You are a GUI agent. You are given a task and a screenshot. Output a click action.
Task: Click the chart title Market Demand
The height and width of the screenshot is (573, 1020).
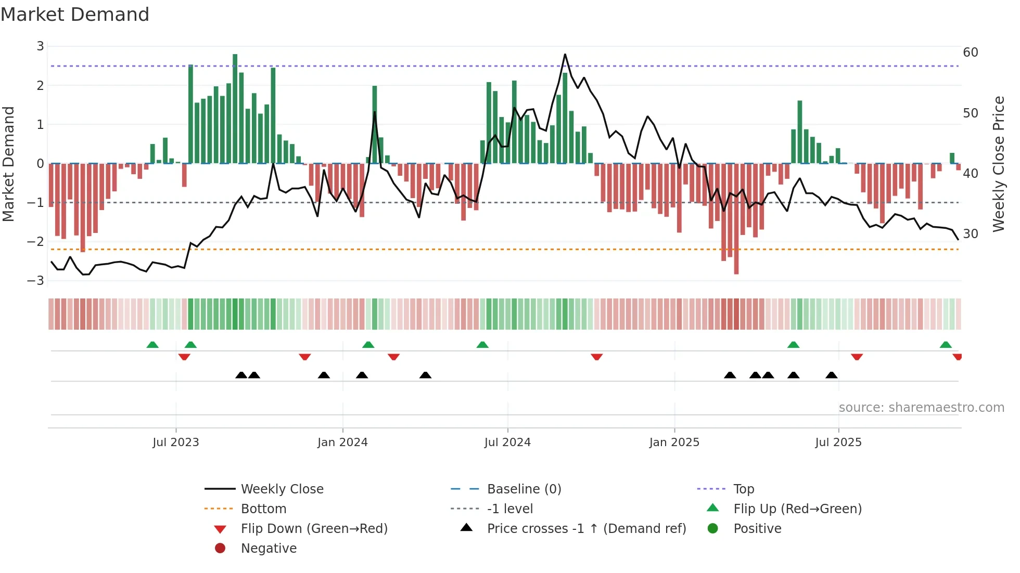pos(75,15)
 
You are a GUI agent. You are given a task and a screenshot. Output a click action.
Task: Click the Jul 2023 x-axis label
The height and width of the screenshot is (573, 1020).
pos(176,442)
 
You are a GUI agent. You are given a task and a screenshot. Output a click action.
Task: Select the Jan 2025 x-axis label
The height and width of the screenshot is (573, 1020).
pos(674,442)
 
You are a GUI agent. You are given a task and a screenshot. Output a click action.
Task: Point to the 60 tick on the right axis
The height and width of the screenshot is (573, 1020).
pos(970,53)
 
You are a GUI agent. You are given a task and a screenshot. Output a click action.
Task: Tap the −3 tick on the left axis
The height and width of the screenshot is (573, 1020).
pos(36,281)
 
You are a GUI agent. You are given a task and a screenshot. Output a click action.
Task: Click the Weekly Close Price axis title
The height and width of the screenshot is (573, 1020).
pos(998,164)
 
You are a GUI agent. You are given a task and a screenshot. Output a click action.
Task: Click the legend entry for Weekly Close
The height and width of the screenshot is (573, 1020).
pos(282,489)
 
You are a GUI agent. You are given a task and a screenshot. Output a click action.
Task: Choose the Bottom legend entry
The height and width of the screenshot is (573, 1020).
pos(263,509)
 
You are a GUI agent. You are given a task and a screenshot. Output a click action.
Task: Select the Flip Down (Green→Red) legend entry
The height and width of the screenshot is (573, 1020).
pos(314,529)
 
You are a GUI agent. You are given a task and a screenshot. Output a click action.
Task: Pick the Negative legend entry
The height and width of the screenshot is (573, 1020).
pos(269,549)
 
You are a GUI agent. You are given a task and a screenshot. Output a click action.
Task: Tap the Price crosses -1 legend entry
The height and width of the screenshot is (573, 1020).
pos(586,529)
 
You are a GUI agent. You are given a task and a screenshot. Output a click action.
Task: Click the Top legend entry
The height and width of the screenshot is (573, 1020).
pos(743,489)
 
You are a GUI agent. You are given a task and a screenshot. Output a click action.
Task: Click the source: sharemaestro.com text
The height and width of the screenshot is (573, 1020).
pos(921,408)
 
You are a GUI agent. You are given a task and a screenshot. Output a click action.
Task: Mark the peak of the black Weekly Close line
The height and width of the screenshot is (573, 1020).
pos(565,55)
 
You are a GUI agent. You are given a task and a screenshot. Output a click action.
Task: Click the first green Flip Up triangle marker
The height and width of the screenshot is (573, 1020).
pos(152,345)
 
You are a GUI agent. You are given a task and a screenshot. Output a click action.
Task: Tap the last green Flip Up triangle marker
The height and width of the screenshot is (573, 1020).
pos(946,345)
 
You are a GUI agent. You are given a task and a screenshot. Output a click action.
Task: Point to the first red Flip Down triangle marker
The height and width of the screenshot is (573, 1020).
pos(184,357)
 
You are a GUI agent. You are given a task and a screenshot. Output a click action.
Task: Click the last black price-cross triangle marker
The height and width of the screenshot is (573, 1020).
pos(832,375)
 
